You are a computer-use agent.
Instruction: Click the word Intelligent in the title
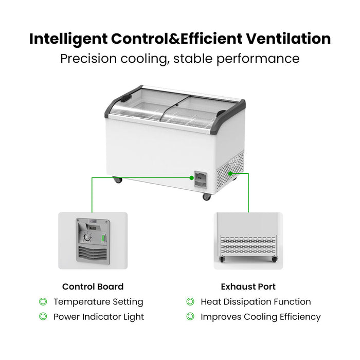[68, 39]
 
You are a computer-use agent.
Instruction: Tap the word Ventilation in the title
[289, 39]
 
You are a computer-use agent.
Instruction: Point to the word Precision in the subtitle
[88, 59]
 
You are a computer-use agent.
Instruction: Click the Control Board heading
[93, 286]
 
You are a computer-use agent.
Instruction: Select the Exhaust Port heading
[248, 286]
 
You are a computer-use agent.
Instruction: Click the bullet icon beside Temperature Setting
[43, 301]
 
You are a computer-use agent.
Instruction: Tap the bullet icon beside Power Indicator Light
[43, 316]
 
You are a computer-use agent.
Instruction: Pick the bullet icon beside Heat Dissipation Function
[190, 301]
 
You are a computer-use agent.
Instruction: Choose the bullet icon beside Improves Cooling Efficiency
[190, 316]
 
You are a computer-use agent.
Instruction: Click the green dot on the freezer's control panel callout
[192, 178]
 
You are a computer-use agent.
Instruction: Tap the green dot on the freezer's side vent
[230, 174]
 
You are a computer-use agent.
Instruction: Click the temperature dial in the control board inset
[87, 238]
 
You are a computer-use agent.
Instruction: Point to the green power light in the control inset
[103, 238]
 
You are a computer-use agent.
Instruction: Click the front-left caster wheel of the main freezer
[118, 179]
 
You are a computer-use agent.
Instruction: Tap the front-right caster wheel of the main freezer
[206, 197]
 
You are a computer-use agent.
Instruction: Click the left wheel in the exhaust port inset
[222, 259]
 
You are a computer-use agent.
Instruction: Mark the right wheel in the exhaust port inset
[274, 259]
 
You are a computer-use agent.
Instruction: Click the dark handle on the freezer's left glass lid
[125, 98]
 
